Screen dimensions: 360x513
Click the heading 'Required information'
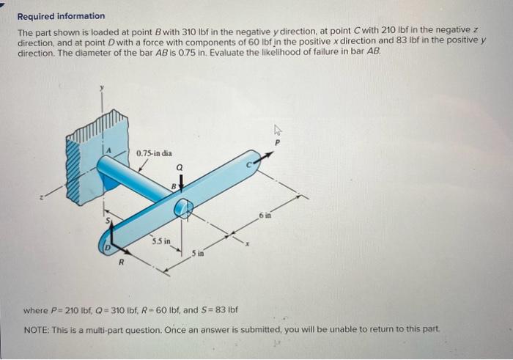pos(61,15)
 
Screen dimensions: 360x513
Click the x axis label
pos(251,243)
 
